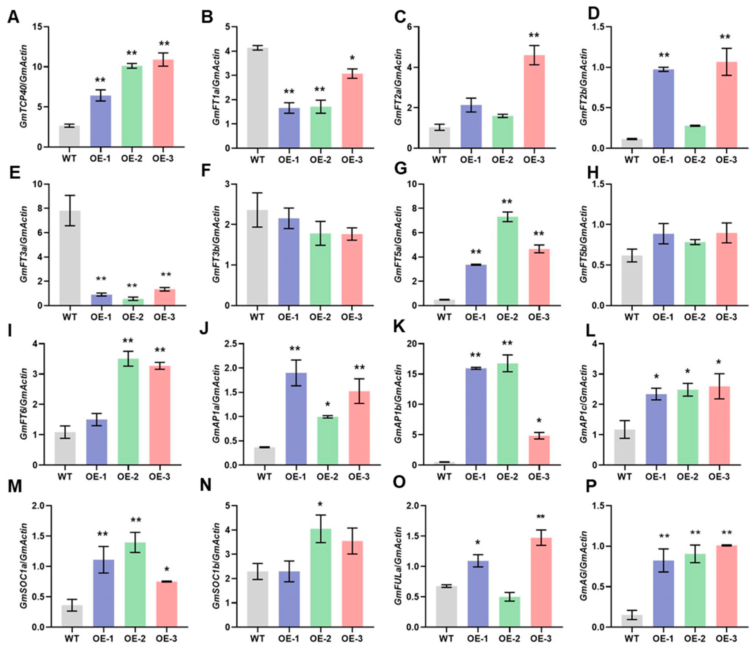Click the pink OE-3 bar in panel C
coord(534,102)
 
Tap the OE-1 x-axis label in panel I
coord(96,477)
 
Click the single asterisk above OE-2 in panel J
coord(327,404)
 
